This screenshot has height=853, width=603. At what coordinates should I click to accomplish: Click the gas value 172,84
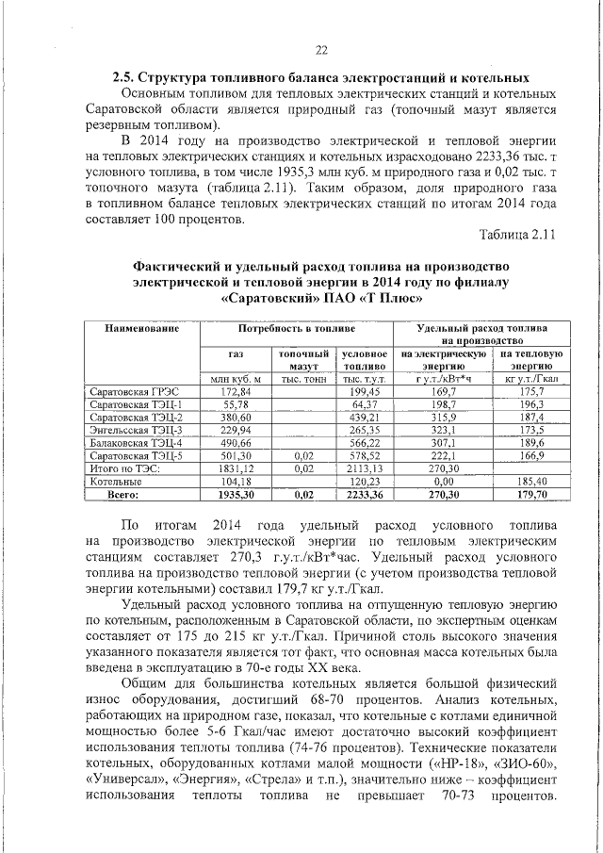coord(236,390)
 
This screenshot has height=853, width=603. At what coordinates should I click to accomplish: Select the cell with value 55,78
coord(236,403)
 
